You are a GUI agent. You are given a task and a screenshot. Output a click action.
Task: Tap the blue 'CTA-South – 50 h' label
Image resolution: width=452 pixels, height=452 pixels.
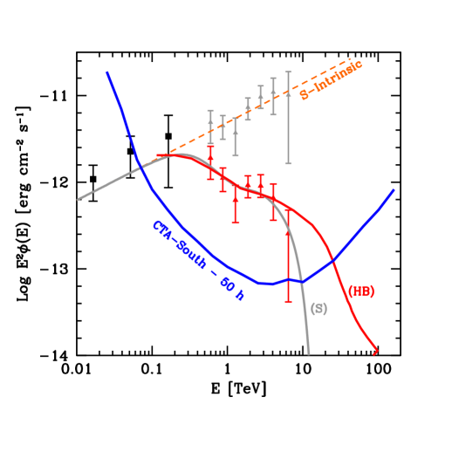pos(198,260)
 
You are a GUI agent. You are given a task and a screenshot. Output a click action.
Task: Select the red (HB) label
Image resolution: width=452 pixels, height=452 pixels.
pos(361,291)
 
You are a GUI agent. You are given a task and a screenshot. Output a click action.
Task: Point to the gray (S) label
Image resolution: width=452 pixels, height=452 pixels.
pos(318,309)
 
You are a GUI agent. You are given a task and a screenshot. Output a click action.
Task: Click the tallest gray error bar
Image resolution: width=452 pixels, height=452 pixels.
pos(288,117)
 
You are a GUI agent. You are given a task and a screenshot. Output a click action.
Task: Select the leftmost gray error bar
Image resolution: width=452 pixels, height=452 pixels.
pos(210,127)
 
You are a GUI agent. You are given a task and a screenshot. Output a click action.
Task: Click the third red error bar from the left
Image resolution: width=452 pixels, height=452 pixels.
pos(236,204)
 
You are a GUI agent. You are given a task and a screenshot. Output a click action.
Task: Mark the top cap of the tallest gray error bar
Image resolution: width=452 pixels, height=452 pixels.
pos(288,72)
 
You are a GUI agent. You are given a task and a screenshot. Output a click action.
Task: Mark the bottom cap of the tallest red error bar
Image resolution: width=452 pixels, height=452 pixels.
pos(288,301)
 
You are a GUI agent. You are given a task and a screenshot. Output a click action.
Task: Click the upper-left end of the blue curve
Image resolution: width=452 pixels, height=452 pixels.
pos(107,72)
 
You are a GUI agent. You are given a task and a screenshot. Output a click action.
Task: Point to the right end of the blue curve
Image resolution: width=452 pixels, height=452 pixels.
pos(394,189)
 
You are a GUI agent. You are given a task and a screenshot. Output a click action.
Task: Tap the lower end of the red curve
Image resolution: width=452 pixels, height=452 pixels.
pos(376,353)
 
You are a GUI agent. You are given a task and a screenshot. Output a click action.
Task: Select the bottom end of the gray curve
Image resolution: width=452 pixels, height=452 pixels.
pos(309,353)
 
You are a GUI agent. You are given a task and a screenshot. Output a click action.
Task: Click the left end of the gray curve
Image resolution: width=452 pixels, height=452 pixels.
pos(79,200)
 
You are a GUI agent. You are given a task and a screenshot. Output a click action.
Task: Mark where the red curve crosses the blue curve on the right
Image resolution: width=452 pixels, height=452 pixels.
pos(333,260)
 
